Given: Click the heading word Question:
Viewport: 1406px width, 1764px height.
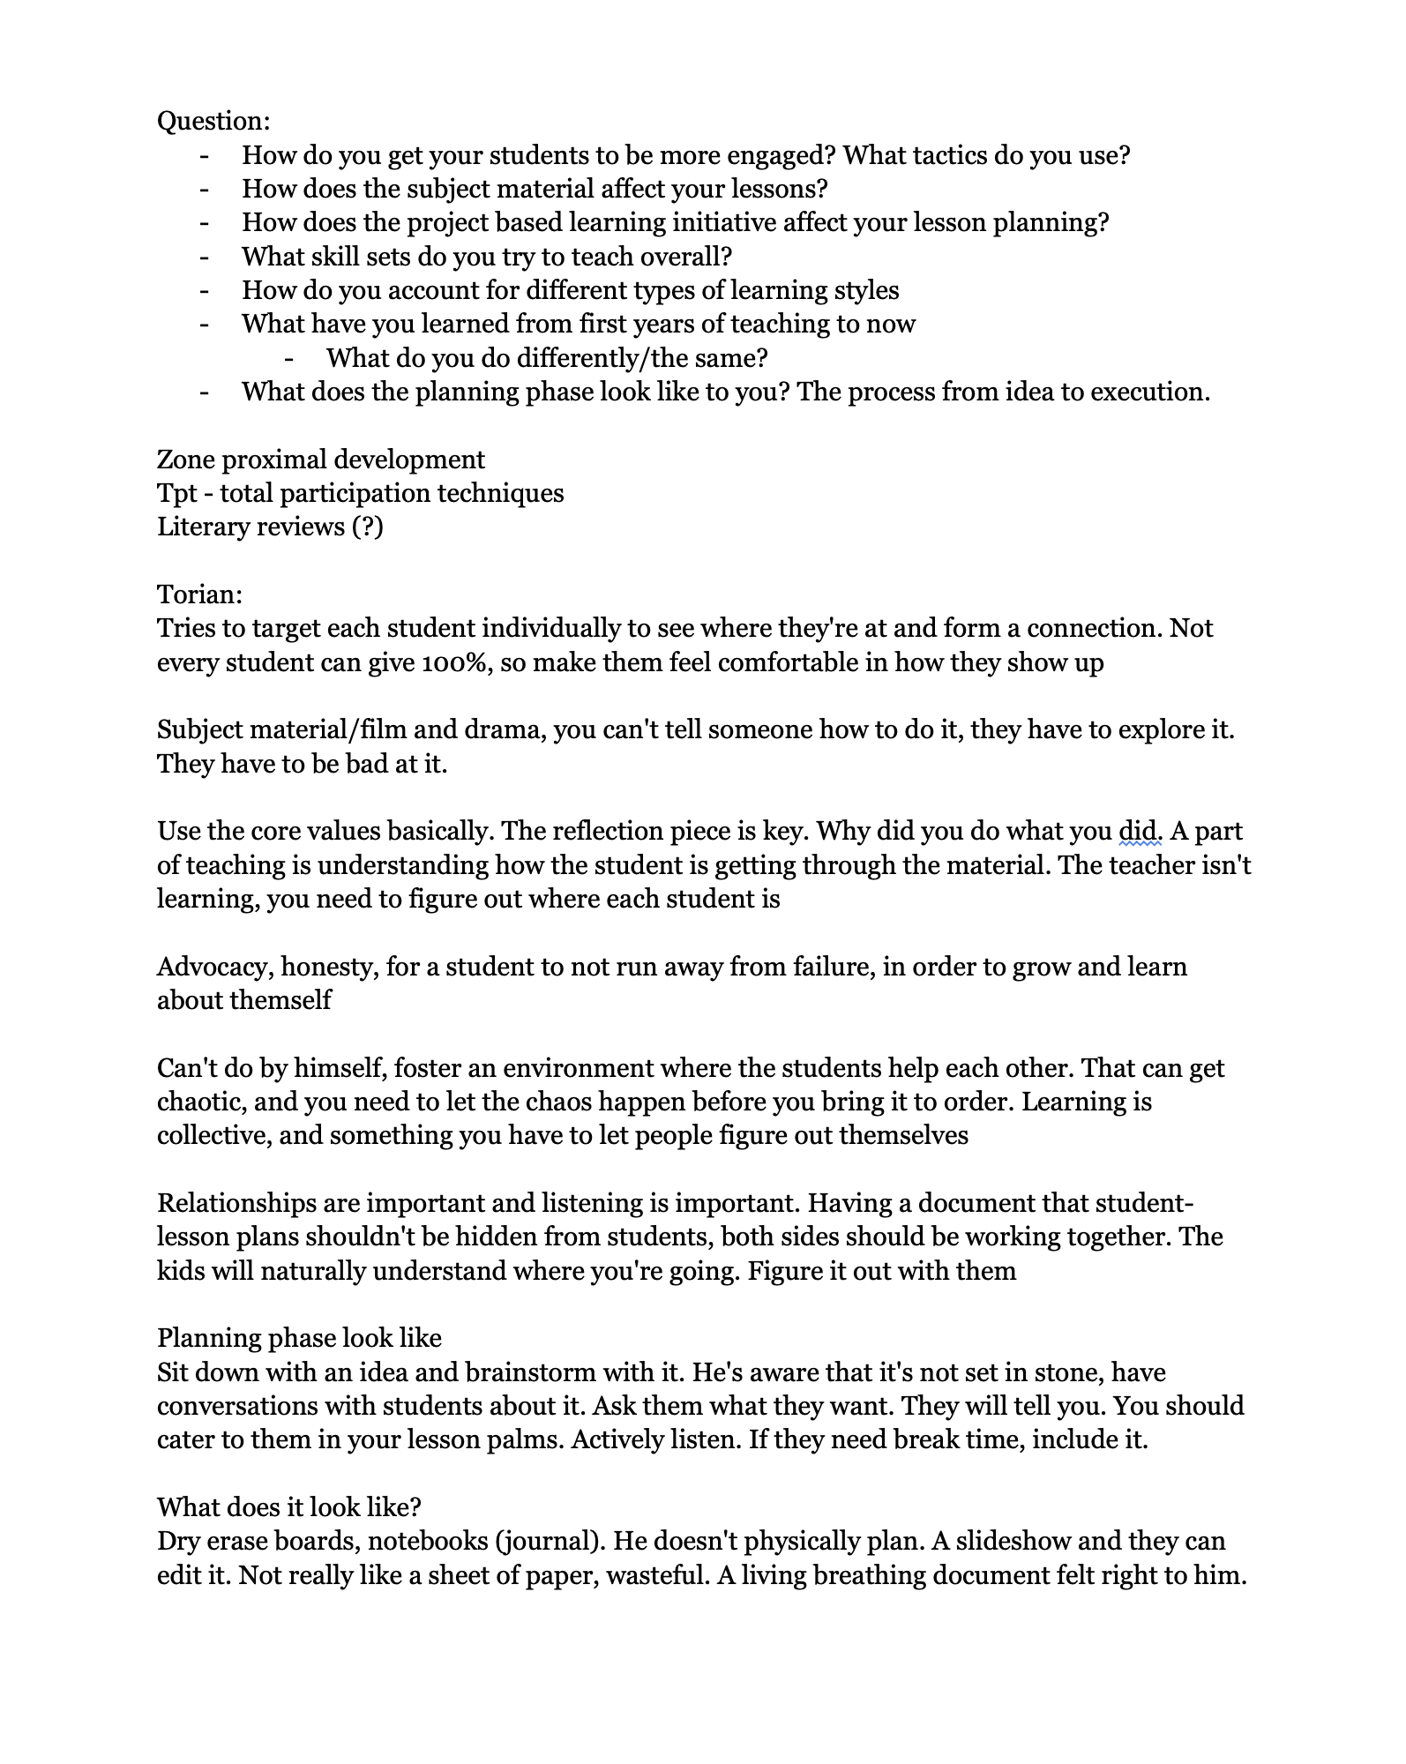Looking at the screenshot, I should (x=213, y=121).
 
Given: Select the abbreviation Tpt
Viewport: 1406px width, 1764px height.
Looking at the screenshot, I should (x=176, y=493).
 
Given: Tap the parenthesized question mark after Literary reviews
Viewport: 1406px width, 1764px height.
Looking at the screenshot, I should (x=367, y=527).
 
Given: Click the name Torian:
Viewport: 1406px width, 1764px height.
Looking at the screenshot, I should (x=199, y=594).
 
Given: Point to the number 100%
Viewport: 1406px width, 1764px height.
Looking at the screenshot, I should (x=456, y=662).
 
